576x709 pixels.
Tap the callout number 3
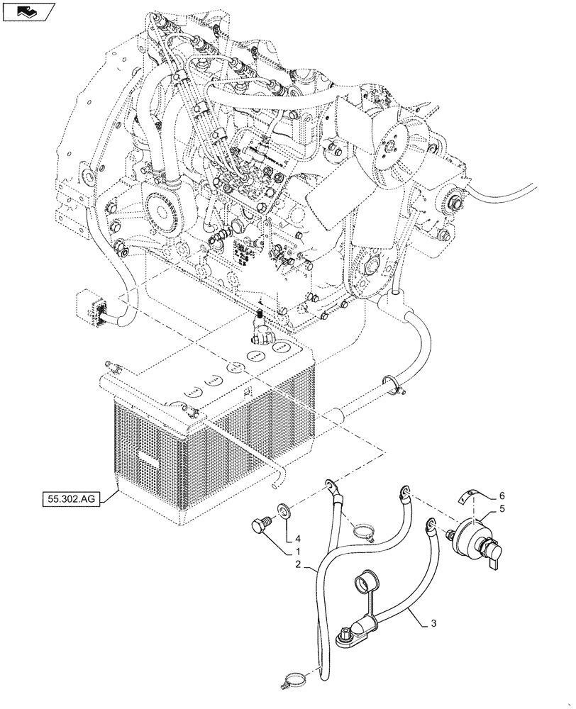pyautogui.click(x=433, y=625)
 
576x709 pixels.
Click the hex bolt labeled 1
pyautogui.click(x=260, y=527)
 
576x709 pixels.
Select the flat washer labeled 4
pyautogui.click(x=284, y=509)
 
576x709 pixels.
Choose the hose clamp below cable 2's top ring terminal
pyautogui.click(x=362, y=530)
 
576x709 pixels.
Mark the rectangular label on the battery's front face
pyautogui.click(x=149, y=460)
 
